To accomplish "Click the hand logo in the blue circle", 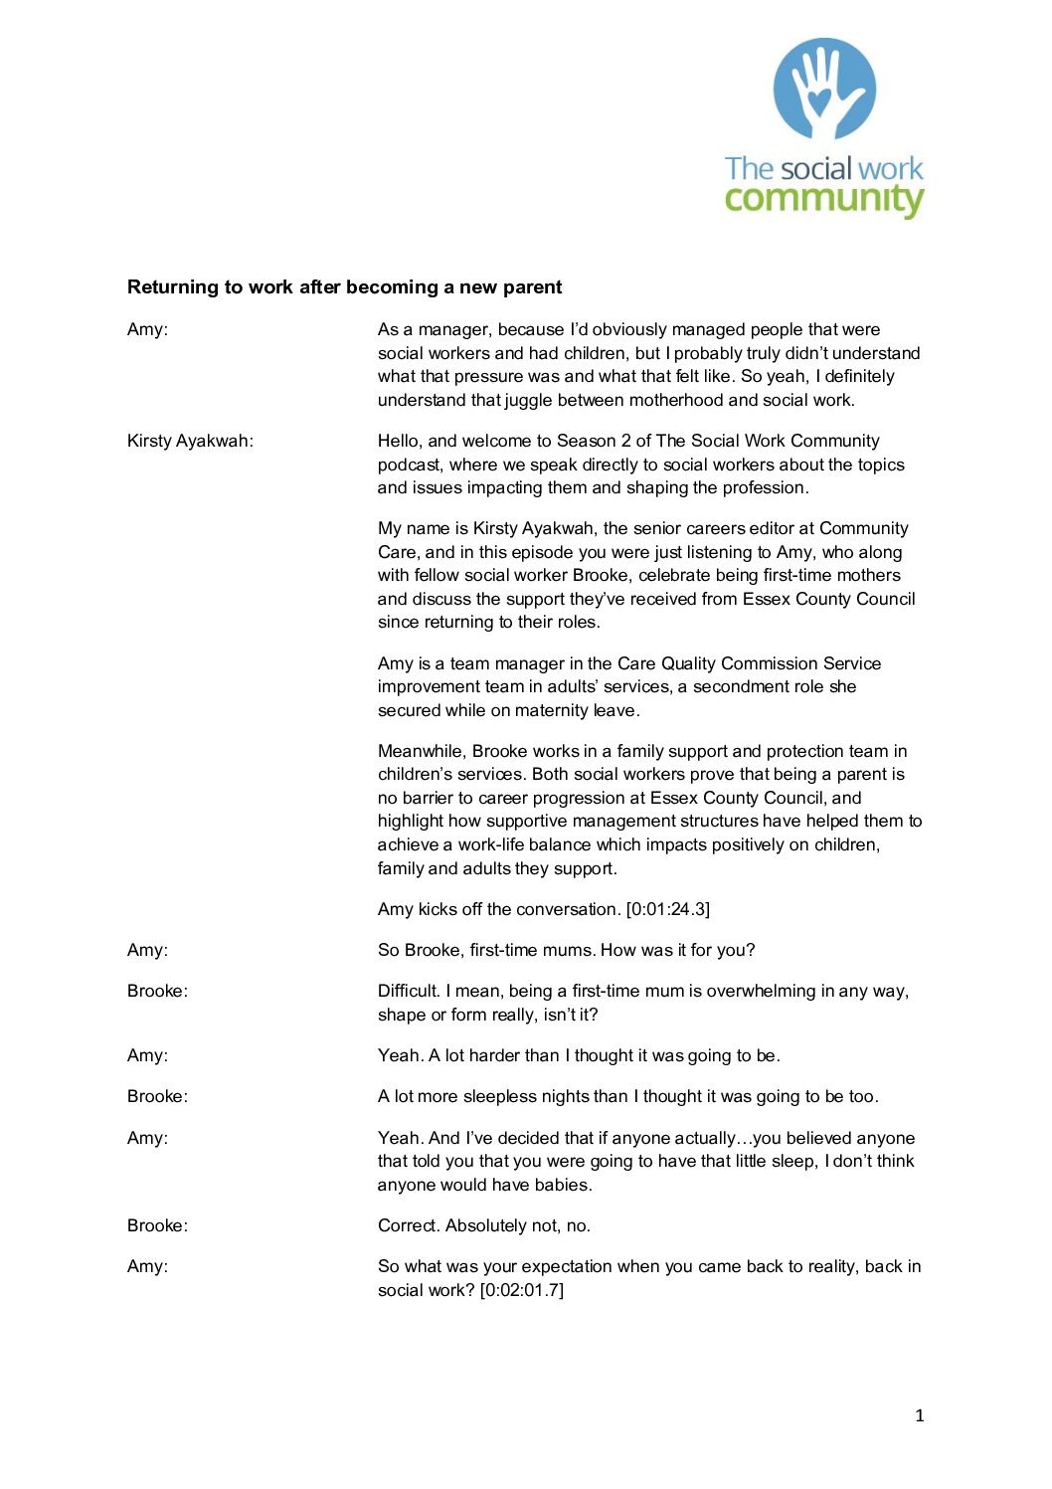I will pos(824,90).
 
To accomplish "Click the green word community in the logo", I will pos(824,199).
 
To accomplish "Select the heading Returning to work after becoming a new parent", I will pos(344,287).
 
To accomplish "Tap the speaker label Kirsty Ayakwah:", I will pos(190,441).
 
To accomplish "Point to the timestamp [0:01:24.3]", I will pos(667,909).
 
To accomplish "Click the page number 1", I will pos(920,1415).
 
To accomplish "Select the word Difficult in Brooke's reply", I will pos(408,991).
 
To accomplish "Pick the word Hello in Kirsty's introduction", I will pos(400,441).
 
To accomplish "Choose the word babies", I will pos(562,1185).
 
